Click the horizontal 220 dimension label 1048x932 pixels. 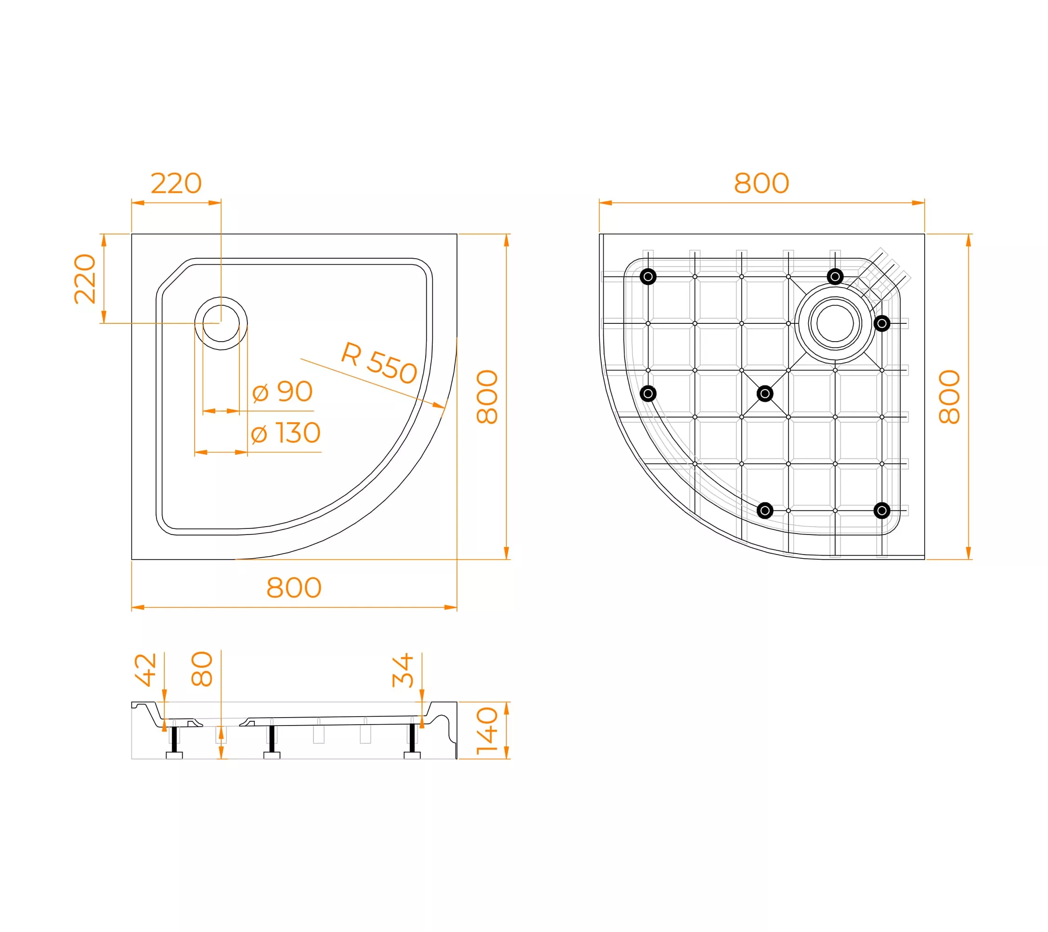point(176,183)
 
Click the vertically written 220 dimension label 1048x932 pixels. point(85,279)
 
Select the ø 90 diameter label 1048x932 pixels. point(283,392)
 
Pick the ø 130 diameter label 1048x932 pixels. point(286,433)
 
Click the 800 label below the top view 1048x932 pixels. point(294,588)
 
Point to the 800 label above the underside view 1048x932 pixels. point(762,183)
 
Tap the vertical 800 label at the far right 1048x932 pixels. point(949,397)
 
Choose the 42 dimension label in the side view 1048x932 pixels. point(146,669)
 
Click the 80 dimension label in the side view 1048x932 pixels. point(202,669)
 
